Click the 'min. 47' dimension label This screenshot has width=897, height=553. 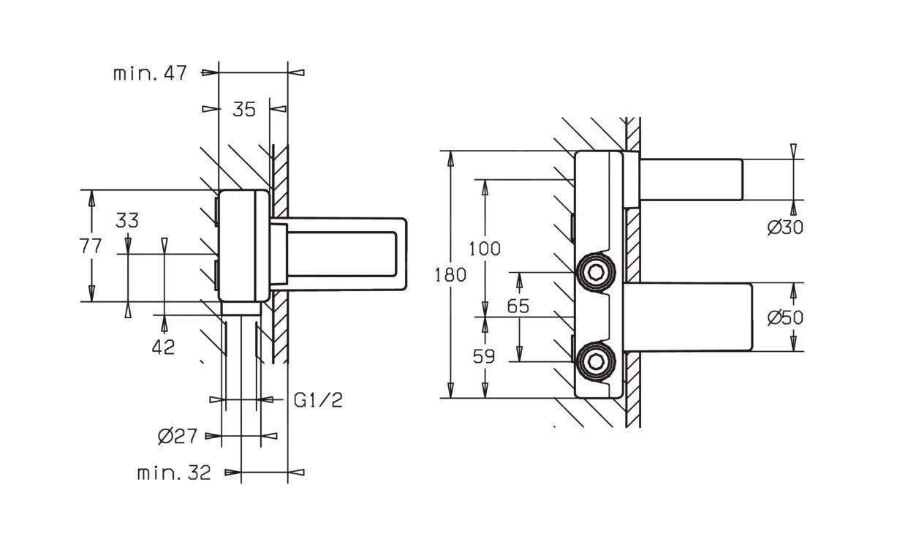(x=150, y=73)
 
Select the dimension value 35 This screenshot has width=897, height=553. (x=244, y=110)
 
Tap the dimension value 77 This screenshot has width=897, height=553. (x=91, y=246)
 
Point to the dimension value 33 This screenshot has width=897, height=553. (x=127, y=220)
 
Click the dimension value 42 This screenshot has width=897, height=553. (x=164, y=347)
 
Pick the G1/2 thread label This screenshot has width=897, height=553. (x=318, y=400)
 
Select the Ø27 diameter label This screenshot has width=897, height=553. (x=178, y=437)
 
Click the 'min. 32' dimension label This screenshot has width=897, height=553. (x=174, y=473)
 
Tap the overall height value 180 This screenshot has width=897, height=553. (x=450, y=275)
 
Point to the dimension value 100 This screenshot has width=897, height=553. (x=485, y=249)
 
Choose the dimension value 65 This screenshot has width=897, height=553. (x=518, y=306)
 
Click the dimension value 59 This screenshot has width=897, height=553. (x=484, y=357)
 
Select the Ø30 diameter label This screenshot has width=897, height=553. (x=785, y=227)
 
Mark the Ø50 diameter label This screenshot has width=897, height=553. (x=785, y=317)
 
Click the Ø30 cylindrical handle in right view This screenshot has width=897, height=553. (x=691, y=179)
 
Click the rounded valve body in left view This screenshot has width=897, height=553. (x=243, y=245)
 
